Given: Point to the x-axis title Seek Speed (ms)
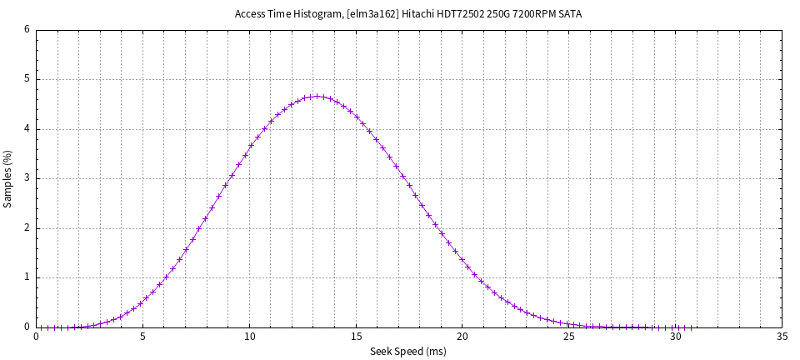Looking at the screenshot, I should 408,352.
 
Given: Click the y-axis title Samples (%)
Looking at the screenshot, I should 8,179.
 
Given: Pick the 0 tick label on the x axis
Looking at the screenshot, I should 37,337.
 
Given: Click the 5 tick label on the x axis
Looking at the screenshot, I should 143,337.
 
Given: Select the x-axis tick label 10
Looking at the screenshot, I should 250,337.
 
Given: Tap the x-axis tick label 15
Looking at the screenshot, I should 357,337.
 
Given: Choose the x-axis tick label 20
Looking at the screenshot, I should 462,337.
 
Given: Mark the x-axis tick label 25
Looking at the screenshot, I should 569,337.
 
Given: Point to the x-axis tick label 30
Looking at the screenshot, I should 676,337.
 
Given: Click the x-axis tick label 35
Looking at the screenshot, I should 782,337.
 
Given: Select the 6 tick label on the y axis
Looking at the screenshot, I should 27,30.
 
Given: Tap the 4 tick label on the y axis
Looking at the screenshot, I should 27,129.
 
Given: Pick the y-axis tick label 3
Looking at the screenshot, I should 27,178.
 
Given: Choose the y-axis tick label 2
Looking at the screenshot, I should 27,228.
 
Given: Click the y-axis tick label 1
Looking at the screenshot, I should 27,277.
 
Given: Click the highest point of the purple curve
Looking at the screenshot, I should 317,97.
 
